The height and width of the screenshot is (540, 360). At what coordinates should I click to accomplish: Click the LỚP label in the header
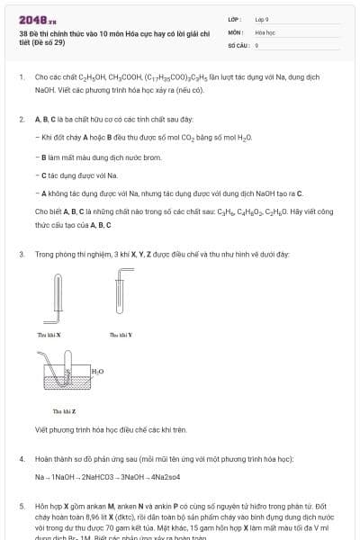pyautogui.click(x=236, y=18)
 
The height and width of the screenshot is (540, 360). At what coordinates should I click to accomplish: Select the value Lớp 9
pyautogui.click(x=262, y=18)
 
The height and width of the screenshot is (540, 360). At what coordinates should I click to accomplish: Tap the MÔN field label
pyautogui.click(x=236, y=31)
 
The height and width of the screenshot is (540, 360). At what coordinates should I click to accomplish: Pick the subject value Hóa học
pyautogui.click(x=265, y=31)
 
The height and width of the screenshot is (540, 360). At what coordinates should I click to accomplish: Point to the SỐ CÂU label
pyautogui.click(x=238, y=44)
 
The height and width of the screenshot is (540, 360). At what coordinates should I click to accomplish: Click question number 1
pyautogui.click(x=21, y=78)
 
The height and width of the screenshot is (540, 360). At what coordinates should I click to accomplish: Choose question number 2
pyautogui.click(x=21, y=119)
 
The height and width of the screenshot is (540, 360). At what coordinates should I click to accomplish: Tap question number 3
pyautogui.click(x=21, y=255)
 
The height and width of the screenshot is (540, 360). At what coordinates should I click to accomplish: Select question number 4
pyautogui.click(x=21, y=460)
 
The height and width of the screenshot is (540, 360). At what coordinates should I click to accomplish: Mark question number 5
pyautogui.click(x=21, y=508)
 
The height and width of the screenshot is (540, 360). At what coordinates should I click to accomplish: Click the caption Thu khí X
pyautogui.click(x=49, y=334)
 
